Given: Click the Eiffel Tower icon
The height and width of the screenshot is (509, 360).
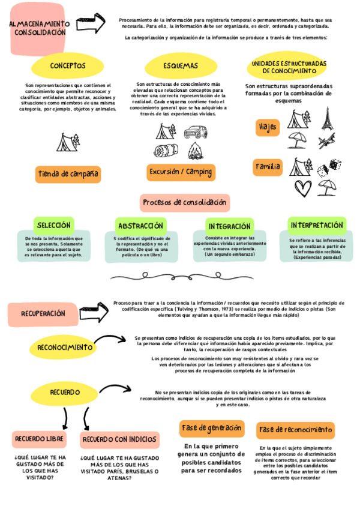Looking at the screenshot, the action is pos(326,119).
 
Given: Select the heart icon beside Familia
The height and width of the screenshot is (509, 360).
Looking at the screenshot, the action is pos(301,188).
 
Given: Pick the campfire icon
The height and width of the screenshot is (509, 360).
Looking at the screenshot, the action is pos(196,151).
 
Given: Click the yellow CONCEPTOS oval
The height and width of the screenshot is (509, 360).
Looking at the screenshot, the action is pos(68,65).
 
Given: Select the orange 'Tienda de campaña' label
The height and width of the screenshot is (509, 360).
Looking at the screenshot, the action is pos(68,174).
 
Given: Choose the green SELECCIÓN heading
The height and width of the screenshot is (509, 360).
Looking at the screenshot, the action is pos(54,226).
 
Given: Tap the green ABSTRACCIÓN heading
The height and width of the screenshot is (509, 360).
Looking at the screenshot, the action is pos(140,226).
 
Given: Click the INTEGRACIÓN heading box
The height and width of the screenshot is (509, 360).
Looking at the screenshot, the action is pos(229,226).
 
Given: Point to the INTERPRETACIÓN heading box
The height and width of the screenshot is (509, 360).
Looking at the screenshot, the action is pos(317,225).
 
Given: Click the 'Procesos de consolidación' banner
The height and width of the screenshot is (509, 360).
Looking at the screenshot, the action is pos(185,202).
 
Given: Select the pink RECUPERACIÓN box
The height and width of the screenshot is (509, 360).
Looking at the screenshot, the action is pos(43,313).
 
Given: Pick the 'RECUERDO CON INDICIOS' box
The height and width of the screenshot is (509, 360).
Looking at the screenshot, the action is pos(120,440).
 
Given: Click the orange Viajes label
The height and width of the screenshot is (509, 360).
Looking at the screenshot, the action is pos(267,127).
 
